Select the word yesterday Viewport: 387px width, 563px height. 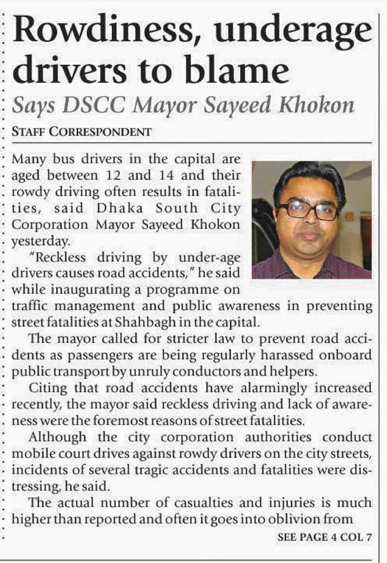coord(36,241)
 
